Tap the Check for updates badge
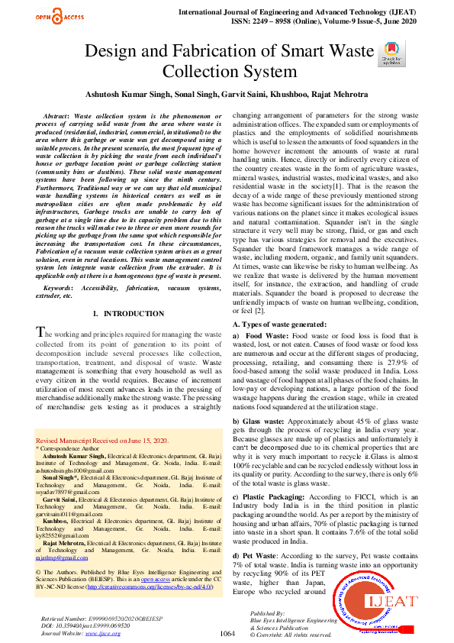click(x=391, y=53)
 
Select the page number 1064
click(x=227, y=633)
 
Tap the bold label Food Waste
click(x=266, y=336)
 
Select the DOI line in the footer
click(x=84, y=625)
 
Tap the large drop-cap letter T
click(x=43, y=332)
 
